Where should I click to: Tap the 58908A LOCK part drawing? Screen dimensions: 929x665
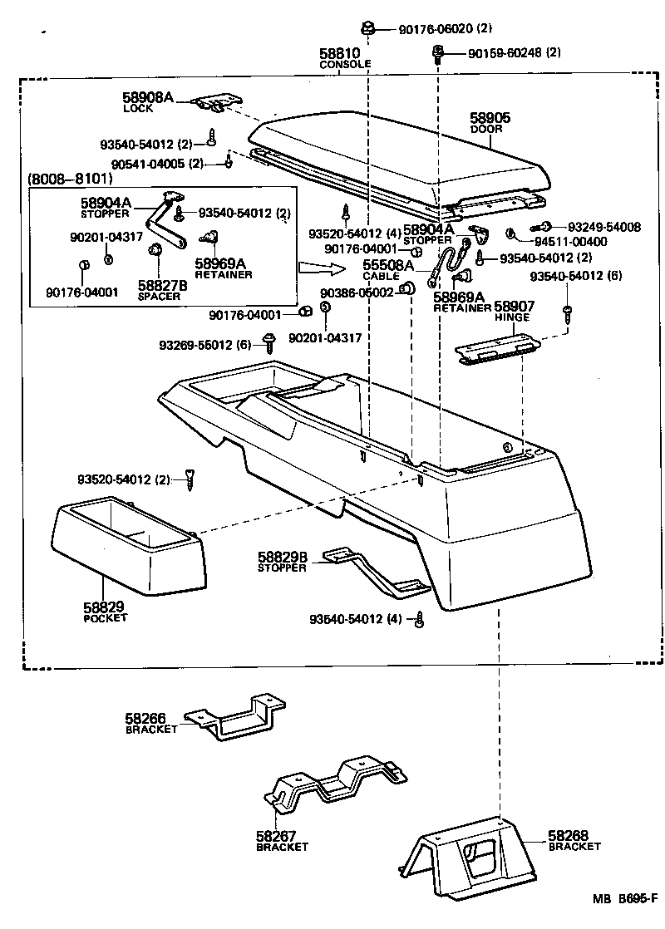click(x=213, y=102)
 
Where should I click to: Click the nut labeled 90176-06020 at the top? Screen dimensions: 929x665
click(x=370, y=27)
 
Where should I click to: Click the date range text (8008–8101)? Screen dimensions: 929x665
click(x=71, y=179)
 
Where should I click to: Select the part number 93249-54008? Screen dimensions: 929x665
click(x=604, y=227)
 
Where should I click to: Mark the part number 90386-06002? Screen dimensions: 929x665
click(x=357, y=294)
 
